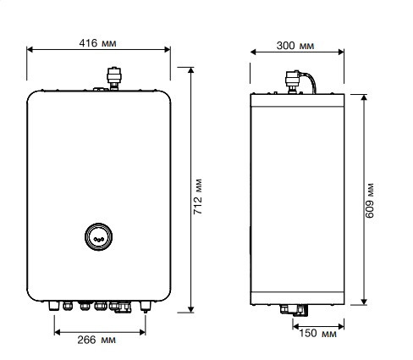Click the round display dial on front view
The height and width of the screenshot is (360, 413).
100,237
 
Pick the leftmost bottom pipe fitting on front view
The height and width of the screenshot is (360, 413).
57,304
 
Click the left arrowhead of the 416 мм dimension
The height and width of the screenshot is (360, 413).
30,49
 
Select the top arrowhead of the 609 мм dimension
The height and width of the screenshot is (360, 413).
364,96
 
